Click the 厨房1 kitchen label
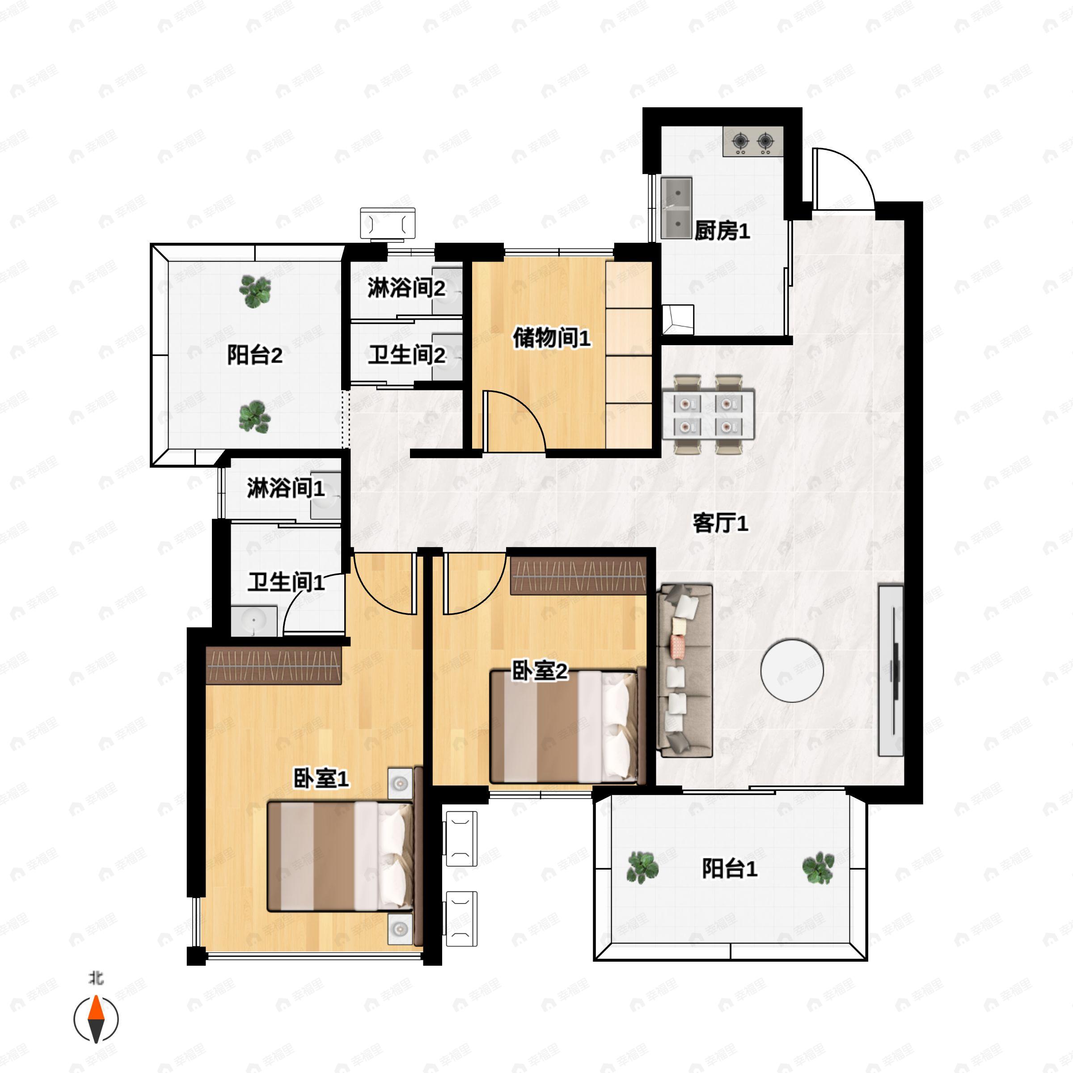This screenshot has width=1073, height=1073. pos(722,231)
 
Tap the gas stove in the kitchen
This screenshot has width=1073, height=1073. pos(752,141)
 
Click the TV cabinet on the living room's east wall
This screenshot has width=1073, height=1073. pos(890,670)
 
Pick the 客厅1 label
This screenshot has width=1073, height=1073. pos(720,523)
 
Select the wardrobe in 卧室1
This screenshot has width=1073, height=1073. pos(273,665)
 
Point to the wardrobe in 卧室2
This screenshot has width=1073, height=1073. pos(578,575)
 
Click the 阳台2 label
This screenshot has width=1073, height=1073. pos(254,355)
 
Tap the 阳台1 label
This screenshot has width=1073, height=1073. pos(729,869)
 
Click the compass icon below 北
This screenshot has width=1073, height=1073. pos(96,1019)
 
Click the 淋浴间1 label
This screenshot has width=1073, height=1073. pos(286,488)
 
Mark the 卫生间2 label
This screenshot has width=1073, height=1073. pos(406,355)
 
